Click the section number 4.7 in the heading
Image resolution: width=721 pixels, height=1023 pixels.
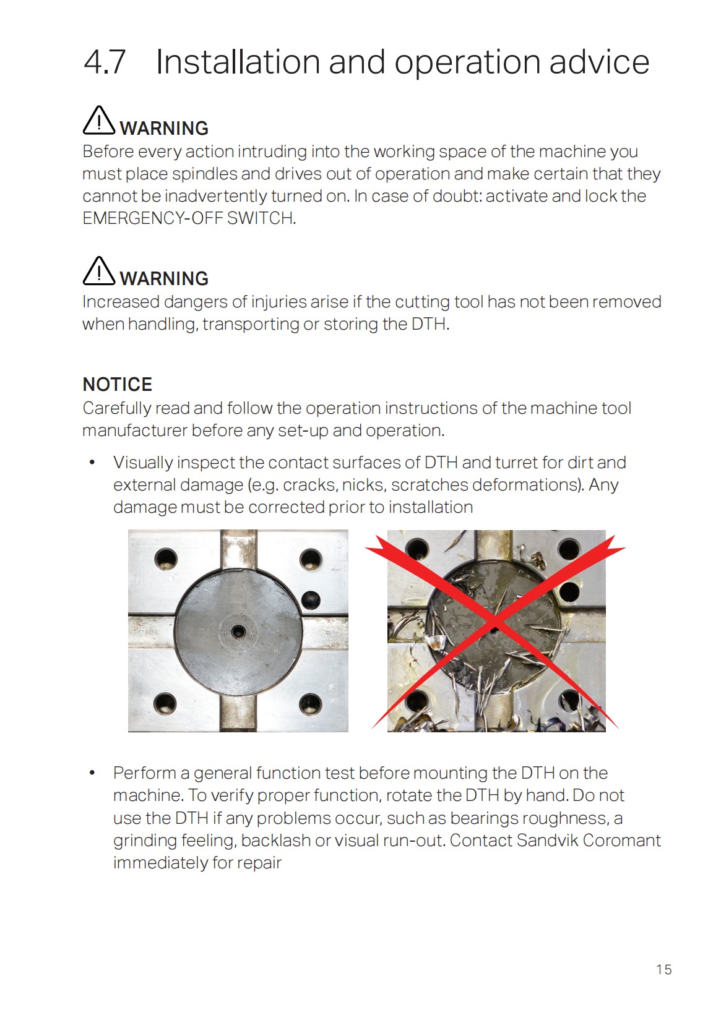click(x=105, y=62)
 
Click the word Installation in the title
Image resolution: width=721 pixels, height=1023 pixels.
click(x=237, y=62)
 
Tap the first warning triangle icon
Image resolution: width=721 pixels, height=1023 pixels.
click(x=98, y=120)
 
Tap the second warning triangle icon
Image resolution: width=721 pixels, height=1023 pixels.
click(x=98, y=271)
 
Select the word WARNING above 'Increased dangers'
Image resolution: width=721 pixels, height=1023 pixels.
click(x=164, y=278)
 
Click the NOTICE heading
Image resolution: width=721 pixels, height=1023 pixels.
click(x=117, y=384)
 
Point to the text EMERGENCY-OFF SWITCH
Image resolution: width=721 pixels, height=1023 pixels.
click(x=189, y=218)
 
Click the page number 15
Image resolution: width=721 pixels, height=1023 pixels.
click(x=663, y=969)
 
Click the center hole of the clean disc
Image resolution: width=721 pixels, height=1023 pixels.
click(x=238, y=631)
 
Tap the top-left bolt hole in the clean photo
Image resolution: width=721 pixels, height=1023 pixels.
click(x=166, y=559)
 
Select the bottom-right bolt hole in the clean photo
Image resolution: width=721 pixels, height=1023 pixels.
click(x=310, y=703)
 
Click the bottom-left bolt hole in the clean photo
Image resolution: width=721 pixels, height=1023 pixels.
click(x=165, y=703)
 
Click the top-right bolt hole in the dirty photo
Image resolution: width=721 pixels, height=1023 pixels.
click(x=568, y=549)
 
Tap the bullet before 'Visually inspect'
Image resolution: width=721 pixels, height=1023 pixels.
click(x=92, y=463)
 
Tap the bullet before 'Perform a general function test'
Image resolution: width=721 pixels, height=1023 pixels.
click(x=92, y=773)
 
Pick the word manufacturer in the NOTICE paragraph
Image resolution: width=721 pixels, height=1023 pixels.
click(x=134, y=430)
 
